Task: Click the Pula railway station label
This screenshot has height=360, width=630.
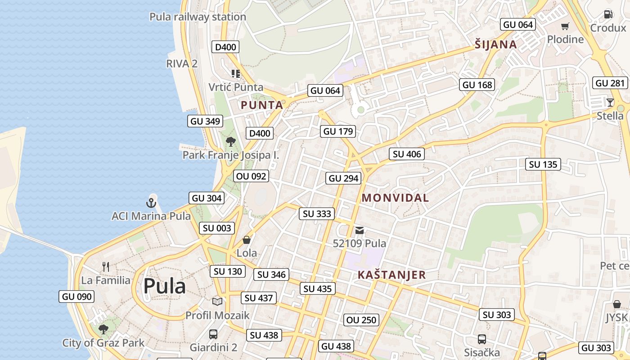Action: point(198,17)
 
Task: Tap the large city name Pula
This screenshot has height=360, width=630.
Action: point(165,286)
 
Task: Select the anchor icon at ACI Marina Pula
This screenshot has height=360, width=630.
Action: point(152,202)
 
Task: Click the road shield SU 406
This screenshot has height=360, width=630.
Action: point(407,154)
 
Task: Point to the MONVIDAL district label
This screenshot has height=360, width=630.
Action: point(395,198)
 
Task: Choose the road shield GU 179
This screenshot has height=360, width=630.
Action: point(338,131)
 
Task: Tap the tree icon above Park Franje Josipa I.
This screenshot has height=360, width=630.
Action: point(231,142)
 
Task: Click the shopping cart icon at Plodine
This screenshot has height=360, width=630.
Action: point(565,26)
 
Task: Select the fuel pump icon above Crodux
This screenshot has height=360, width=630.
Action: point(608,14)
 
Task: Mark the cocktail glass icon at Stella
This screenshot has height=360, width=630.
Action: point(610,103)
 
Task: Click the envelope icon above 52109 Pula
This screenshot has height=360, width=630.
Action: point(359,230)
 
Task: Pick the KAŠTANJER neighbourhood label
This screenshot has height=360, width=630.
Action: point(391,274)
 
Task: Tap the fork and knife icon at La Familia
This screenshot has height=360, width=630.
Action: point(106,266)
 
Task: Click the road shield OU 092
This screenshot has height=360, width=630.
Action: point(251,176)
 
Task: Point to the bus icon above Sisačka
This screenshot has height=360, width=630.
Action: point(482,339)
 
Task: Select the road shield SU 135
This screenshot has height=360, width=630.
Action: point(543,164)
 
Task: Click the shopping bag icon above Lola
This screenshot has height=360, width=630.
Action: point(247,240)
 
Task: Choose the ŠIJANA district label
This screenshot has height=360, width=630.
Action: point(495,45)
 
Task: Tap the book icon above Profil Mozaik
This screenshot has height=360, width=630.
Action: point(217,301)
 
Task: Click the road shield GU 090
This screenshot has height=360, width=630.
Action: point(77,297)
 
